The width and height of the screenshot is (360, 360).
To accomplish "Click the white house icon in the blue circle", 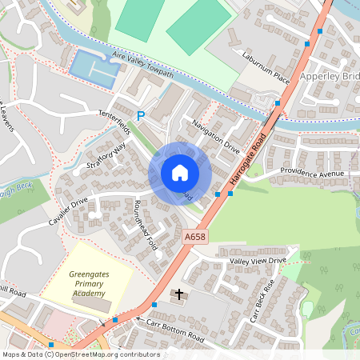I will click(x=180, y=172).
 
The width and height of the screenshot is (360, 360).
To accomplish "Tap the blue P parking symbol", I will click(x=141, y=117).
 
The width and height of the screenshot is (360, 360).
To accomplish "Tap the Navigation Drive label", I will click(x=216, y=136).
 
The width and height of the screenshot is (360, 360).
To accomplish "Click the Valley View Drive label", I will click(x=257, y=260).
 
